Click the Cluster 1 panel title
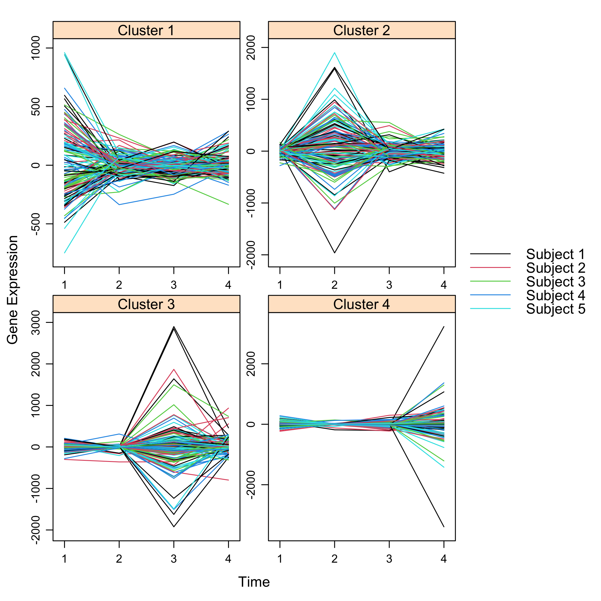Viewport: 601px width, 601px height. point(146,31)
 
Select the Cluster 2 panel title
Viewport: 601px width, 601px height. point(361,31)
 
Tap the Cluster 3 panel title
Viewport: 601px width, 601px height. point(146,304)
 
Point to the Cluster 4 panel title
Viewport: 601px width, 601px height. point(361,304)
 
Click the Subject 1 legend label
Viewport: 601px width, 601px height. point(555,254)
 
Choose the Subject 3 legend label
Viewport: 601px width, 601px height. point(555,282)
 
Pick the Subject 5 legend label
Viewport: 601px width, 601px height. point(555,309)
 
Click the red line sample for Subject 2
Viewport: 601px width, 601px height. point(490,268)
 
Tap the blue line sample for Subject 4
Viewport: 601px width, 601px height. point(490,295)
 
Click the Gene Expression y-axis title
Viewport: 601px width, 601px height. point(12,290)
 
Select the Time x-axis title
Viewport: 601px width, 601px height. point(254,582)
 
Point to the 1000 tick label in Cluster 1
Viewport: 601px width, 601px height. point(36,48)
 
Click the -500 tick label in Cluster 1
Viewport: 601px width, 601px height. point(36,224)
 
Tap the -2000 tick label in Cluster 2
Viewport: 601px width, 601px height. point(251,255)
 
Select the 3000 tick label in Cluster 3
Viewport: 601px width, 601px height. point(36,323)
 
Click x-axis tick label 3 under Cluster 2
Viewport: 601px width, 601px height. point(389,285)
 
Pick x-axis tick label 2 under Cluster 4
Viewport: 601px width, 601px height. point(334,559)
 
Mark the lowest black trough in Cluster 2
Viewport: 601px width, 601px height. point(334,253)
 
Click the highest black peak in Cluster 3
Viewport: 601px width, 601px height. point(174,327)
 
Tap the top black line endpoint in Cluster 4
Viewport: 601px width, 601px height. point(444,327)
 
